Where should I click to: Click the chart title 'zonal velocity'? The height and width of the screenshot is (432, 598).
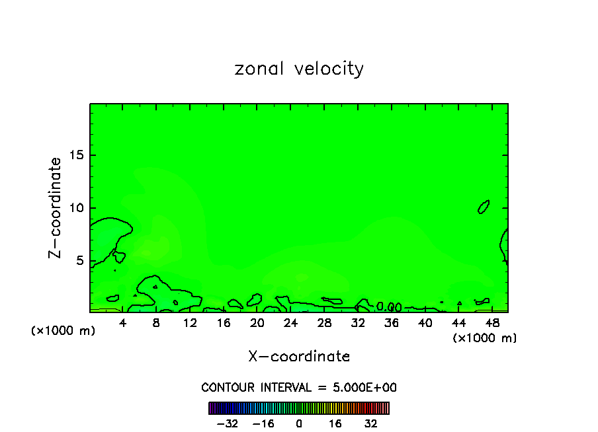[x=299, y=69]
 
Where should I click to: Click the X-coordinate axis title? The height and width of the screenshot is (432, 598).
[x=299, y=357]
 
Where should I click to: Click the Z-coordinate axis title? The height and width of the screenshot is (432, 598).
[x=56, y=207]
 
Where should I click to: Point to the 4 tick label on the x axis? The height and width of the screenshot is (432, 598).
[x=123, y=324]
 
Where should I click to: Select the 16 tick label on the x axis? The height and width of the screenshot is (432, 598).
[x=224, y=324]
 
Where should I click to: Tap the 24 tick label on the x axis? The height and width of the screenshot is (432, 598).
[x=290, y=324]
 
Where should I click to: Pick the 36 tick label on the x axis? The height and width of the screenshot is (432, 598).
[x=391, y=324]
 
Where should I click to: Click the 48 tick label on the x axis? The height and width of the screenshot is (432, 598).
[x=491, y=324]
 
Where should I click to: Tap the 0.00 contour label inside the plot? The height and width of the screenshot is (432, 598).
[x=389, y=307]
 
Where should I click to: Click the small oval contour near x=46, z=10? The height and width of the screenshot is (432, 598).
[x=484, y=207]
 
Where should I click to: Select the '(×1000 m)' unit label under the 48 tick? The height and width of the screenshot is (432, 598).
[x=485, y=338]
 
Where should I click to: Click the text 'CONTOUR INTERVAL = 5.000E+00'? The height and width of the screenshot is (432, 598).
[x=299, y=388]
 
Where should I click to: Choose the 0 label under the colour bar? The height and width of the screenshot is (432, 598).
[x=299, y=423]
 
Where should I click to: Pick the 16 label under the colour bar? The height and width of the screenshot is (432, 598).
[x=335, y=423]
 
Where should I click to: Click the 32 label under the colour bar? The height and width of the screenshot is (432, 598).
[x=371, y=423]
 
